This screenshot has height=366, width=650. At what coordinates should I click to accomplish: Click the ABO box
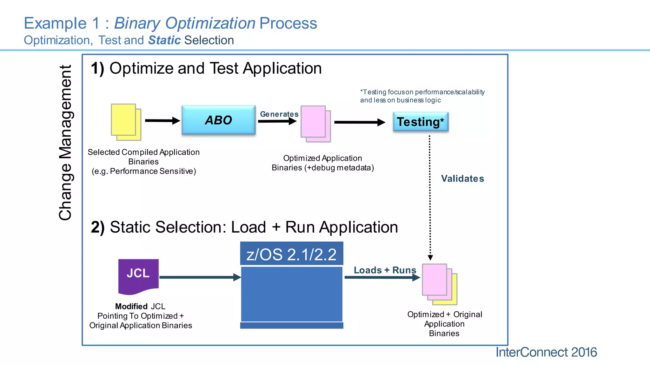[x=218, y=120]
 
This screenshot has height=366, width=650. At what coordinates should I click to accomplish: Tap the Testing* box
[x=421, y=122]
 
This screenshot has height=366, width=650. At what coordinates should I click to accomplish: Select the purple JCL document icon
[x=138, y=275]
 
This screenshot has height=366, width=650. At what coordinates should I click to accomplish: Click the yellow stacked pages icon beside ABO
[x=126, y=122]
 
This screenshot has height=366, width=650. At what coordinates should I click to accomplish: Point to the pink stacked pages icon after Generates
[x=315, y=124]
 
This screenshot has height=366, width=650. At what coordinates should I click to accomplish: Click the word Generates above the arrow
[x=279, y=114]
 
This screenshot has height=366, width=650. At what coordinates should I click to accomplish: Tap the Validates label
[x=462, y=179]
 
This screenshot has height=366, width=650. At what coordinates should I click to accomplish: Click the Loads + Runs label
[x=385, y=270]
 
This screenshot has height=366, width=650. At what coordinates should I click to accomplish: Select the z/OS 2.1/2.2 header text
[x=291, y=254]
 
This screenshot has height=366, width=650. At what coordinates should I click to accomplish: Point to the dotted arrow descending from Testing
[x=430, y=197]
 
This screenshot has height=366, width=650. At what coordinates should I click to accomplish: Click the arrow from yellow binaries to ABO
[x=162, y=121]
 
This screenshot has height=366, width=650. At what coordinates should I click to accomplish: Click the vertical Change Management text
[x=66, y=143]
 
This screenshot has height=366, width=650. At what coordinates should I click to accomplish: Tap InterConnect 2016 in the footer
[x=546, y=352]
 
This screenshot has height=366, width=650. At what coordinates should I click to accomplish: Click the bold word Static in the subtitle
[x=164, y=40]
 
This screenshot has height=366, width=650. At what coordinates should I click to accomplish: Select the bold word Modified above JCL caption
[x=131, y=306]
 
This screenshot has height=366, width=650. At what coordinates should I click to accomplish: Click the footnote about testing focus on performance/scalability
[x=422, y=96]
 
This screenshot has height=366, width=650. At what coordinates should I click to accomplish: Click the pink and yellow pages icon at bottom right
[x=439, y=284]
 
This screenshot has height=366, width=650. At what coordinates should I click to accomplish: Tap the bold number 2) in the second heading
[x=97, y=227]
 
